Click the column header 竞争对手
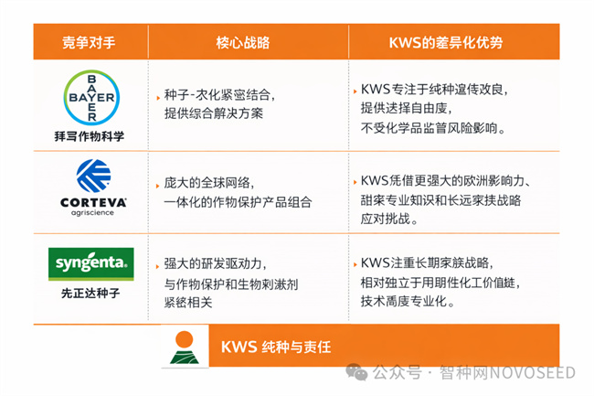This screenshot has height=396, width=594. (90, 42)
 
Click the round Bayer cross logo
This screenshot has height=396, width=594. (90, 97)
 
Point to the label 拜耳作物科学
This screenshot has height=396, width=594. (90, 135)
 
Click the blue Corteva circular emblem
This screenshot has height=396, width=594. (90, 175)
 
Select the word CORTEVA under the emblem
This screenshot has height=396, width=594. (90, 200)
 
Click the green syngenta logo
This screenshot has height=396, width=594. (90, 264)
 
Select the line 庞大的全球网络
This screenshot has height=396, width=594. (216, 183)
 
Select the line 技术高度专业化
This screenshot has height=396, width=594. (408, 301)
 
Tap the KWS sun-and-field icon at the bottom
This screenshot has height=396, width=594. (185, 348)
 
